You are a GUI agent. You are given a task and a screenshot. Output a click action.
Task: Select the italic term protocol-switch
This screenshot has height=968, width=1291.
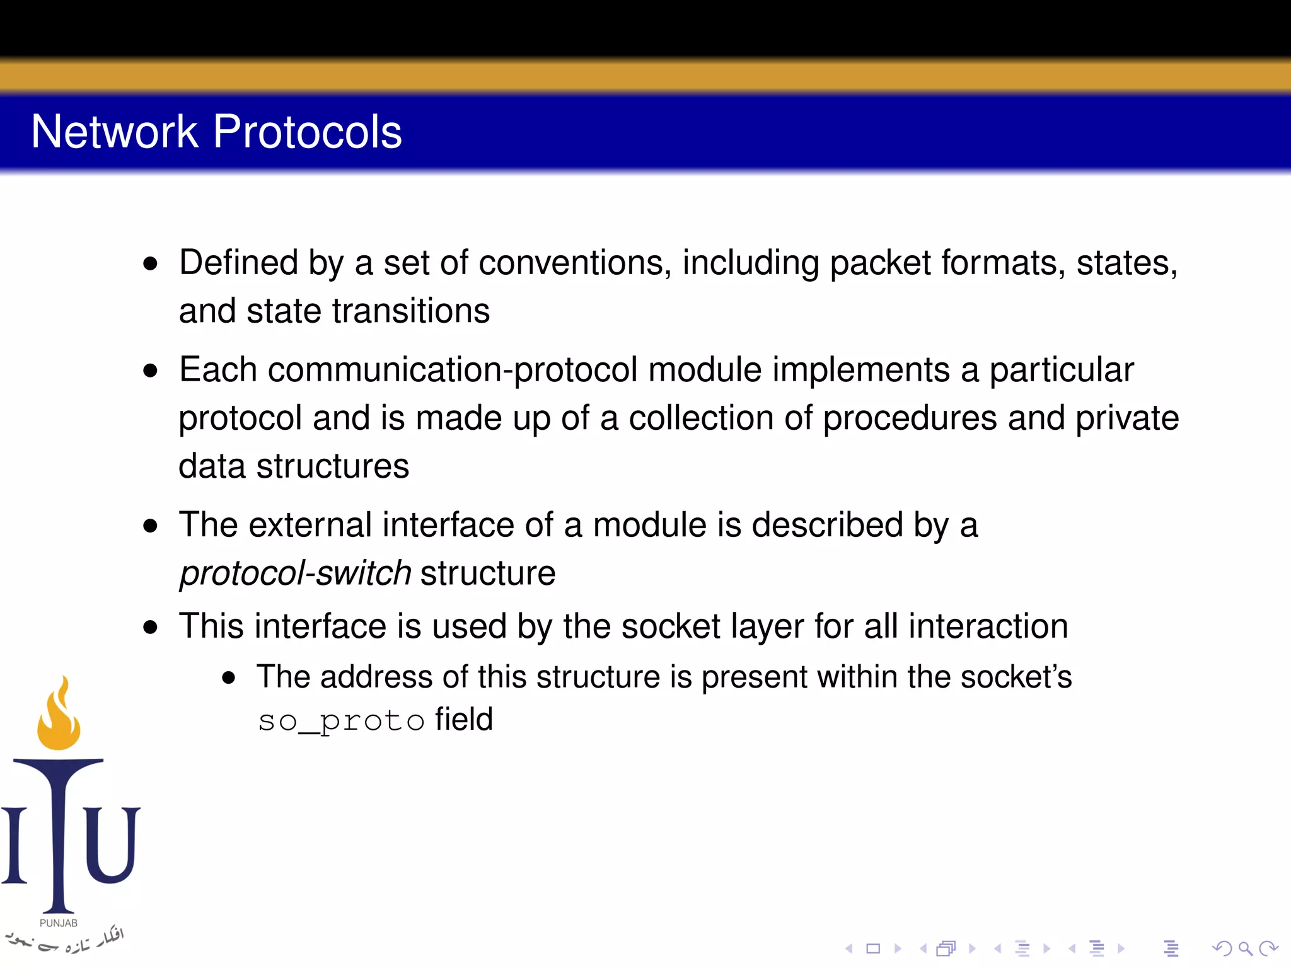click(x=295, y=573)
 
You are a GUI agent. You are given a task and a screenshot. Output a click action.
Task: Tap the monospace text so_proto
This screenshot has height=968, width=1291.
click(x=341, y=720)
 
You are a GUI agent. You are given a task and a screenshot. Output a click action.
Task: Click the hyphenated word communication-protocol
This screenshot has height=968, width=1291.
click(x=453, y=370)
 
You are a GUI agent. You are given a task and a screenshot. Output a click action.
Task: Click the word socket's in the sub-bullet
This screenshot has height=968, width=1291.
click(x=1016, y=677)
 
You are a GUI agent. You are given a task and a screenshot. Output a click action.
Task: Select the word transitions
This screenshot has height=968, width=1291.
click(x=411, y=311)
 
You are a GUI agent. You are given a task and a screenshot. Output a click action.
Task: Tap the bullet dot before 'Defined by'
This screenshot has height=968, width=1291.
click(x=150, y=263)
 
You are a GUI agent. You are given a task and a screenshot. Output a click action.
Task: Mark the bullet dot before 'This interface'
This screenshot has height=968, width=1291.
click(x=150, y=627)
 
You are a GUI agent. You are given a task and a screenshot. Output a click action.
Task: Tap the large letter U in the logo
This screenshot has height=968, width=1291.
click(x=112, y=844)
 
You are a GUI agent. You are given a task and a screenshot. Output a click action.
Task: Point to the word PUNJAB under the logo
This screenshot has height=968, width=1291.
click(x=59, y=923)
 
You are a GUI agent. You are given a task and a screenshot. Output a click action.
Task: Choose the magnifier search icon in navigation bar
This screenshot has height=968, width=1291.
click(x=1245, y=948)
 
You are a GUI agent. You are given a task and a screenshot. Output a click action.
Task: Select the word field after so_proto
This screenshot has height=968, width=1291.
click(x=463, y=720)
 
